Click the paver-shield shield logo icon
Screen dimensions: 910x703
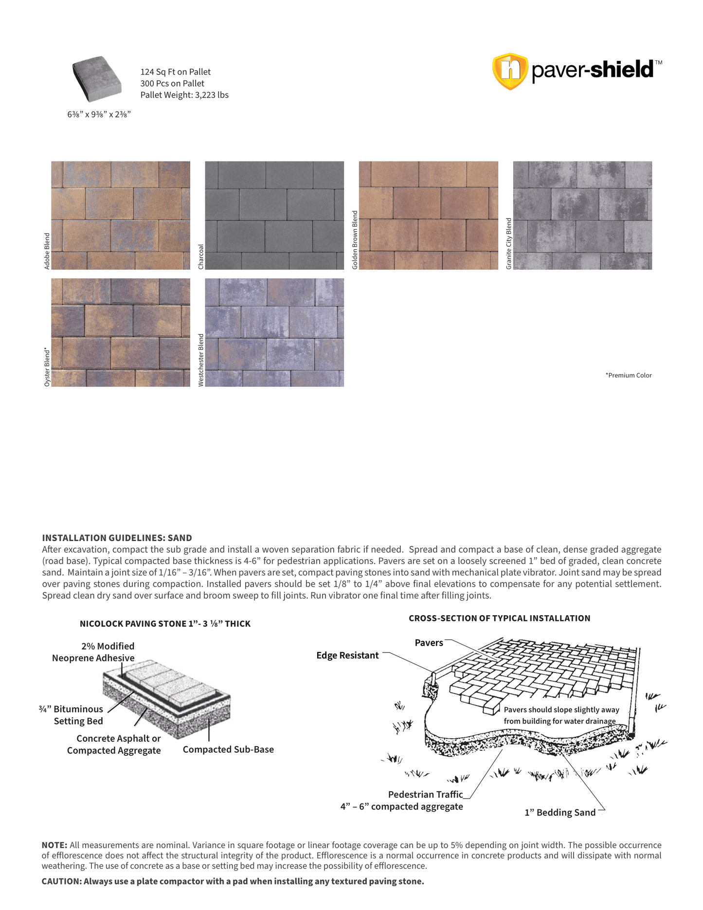coord(510,71)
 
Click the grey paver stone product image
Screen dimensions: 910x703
coord(97,78)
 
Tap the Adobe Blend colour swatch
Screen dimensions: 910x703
coord(121,216)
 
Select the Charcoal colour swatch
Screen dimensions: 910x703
coord(274,216)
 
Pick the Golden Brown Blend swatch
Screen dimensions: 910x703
coord(428,216)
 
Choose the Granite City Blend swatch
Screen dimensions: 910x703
coord(582,216)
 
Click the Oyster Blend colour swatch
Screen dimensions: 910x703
coord(121,332)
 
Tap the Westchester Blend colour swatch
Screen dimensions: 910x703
coord(274,332)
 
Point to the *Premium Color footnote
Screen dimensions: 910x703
coord(628,375)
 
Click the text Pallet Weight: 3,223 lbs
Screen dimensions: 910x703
coord(184,95)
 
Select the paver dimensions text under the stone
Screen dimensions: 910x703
coord(99,114)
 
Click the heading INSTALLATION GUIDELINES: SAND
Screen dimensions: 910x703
coord(117,538)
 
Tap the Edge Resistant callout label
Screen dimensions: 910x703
coord(347,655)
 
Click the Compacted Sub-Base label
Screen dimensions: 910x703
coord(228,749)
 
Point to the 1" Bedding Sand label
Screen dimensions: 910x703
coord(560,812)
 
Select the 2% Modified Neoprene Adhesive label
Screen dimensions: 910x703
coord(93,652)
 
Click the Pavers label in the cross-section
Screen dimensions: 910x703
coord(429,643)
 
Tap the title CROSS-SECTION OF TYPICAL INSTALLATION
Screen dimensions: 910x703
coord(499,618)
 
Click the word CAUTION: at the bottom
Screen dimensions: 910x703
coord(61,881)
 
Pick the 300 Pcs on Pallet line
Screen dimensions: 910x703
coord(172,83)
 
